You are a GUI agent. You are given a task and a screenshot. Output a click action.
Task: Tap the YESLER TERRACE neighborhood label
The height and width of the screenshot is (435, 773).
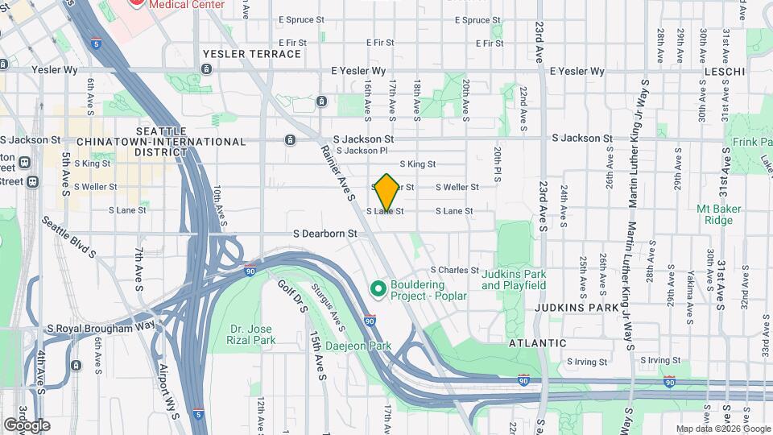point(252,54)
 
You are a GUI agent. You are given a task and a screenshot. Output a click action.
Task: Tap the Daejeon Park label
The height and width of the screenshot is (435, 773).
point(358,346)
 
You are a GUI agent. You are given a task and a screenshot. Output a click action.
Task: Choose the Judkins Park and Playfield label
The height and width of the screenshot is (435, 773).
point(514,280)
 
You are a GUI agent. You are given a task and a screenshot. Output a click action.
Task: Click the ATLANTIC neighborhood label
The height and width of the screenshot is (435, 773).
point(537,342)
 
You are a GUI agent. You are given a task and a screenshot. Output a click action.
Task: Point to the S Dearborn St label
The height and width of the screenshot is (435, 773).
point(324,234)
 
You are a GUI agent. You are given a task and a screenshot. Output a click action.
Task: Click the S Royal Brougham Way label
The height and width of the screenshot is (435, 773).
point(101,328)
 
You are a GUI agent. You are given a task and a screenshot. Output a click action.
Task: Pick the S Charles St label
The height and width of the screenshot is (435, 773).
point(454,270)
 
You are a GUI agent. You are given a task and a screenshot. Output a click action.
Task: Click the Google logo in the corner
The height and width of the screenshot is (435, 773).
point(27,425)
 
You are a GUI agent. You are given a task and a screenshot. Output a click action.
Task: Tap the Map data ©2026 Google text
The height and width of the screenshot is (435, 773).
point(722,429)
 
